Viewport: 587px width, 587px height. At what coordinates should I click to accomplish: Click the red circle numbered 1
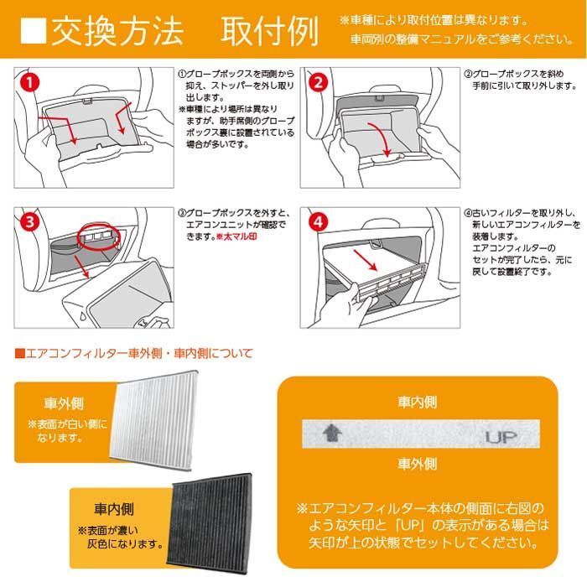pyautogui.click(x=29, y=81)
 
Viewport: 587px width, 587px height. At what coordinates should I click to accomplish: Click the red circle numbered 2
pyautogui.click(x=318, y=81)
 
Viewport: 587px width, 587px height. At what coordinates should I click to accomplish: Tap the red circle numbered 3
pyautogui.click(x=29, y=223)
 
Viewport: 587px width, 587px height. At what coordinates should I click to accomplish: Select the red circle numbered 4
pyautogui.click(x=318, y=223)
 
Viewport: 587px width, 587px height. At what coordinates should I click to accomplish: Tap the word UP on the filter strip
pyautogui.click(x=501, y=436)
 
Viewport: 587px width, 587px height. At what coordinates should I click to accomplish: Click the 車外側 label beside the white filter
pyautogui.click(x=63, y=403)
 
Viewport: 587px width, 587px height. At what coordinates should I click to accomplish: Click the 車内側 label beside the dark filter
pyautogui.click(x=112, y=509)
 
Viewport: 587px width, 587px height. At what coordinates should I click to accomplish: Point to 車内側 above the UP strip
pyautogui.click(x=417, y=403)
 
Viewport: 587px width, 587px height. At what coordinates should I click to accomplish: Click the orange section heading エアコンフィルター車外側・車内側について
pyautogui.click(x=133, y=353)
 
